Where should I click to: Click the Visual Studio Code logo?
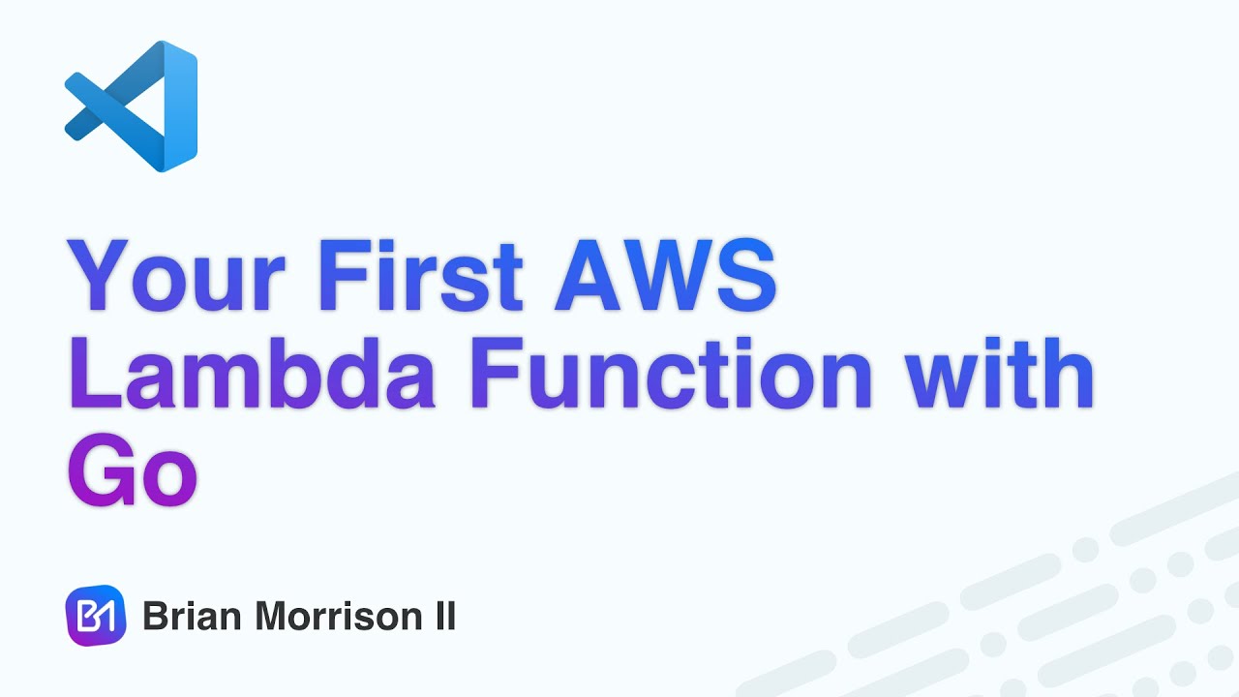131,106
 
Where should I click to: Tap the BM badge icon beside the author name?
96,616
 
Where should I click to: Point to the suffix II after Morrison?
441,617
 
